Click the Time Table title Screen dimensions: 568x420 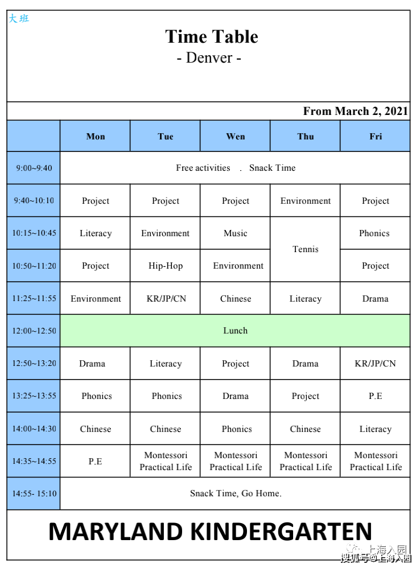(212, 37)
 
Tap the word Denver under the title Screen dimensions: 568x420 (209, 58)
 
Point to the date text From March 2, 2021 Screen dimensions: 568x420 (355, 111)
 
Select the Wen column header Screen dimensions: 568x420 (236, 136)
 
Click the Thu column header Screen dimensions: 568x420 (306, 136)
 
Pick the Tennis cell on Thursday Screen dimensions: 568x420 (306, 249)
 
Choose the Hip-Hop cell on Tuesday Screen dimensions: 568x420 (166, 266)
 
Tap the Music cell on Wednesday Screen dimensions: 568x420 (236, 233)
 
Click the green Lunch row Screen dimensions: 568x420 (235, 331)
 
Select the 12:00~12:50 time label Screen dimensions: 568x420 (34, 331)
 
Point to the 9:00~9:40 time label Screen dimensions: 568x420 (34, 168)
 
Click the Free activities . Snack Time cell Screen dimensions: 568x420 (235, 168)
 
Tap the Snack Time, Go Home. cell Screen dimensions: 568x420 (235, 493)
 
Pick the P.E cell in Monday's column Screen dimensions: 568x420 (96, 461)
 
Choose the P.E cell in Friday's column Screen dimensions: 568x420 (376, 396)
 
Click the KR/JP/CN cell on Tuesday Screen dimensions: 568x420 (166, 299)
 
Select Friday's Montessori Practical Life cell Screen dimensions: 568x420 (376, 461)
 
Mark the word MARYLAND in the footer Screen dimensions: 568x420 (116, 532)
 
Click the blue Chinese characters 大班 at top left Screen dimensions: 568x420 (18, 19)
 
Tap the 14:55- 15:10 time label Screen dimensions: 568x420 (34, 493)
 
